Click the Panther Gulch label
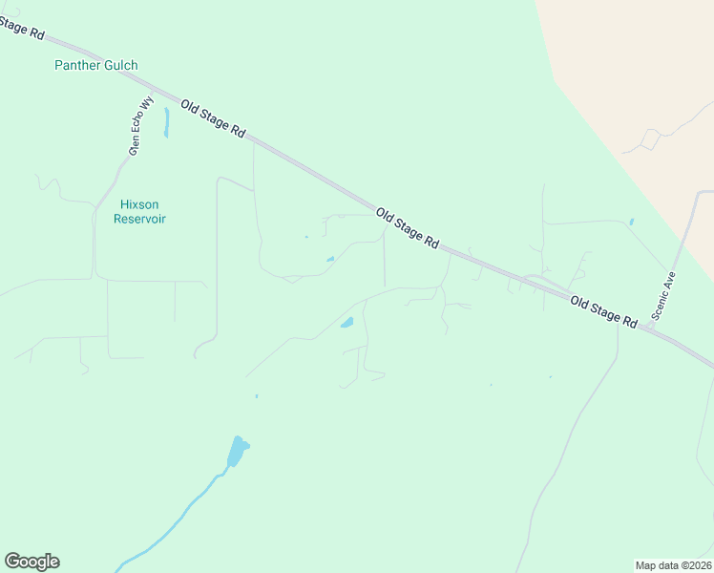click(x=95, y=65)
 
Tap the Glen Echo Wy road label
click(x=141, y=125)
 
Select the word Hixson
click(x=139, y=204)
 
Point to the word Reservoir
click(x=139, y=219)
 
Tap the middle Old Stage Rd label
click(x=407, y=229)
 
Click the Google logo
click(x=31, y=562)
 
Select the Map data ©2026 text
click(x=673, y=564)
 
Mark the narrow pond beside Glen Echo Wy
click(x=166, y=122)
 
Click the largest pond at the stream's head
click(x=237, y=450)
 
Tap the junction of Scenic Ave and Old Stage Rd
click(x=649, y=328)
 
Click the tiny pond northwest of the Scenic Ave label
click(x=631, y=222)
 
